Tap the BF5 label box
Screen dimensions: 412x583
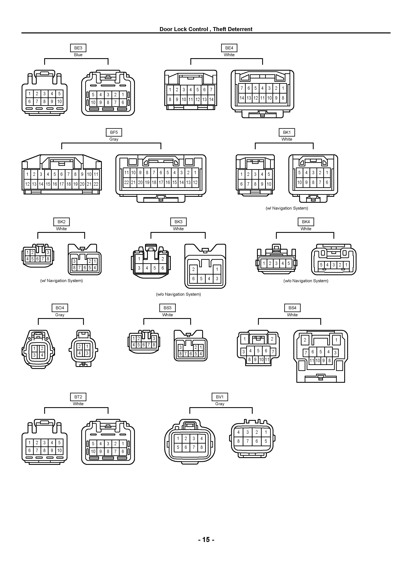pos(114,132)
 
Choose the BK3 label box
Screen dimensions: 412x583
pos(178,222)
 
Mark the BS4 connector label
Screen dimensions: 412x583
pos(292,308)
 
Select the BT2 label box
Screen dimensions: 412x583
pos(78,397)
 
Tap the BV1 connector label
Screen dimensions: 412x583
pos(220,397)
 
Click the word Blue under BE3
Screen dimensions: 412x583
pos(78,55)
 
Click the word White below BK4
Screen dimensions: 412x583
pos(306,229)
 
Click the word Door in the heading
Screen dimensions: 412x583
pos(166,29)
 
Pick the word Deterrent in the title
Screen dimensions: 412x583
pos(241,29)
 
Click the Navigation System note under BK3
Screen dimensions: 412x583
pos(178,294)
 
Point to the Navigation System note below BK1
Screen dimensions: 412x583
pos(287,208)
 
